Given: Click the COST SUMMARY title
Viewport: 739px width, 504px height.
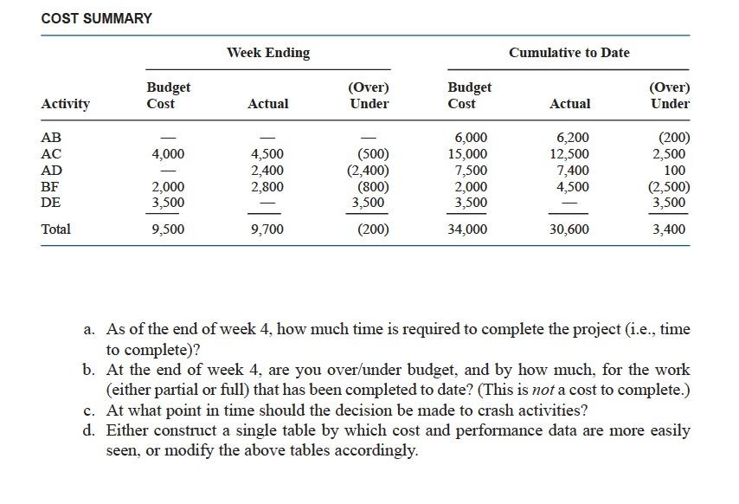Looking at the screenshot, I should click(96, 18).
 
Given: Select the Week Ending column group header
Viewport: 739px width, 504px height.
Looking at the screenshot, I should click(268, 53).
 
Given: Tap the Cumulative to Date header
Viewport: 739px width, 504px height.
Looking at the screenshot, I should click(569, 53).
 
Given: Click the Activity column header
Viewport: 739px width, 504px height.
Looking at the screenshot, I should click(66, 104).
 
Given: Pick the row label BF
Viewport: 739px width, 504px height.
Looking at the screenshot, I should click(51, 186).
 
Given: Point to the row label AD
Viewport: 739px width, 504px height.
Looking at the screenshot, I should click(52, 171).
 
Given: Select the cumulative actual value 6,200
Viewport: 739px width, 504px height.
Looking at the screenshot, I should click(571, 138).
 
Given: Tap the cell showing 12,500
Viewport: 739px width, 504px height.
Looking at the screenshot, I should click(569, 154).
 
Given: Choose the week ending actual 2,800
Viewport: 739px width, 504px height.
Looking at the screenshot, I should click(267, 186).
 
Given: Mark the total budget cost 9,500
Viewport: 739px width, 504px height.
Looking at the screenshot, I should click(167, 229).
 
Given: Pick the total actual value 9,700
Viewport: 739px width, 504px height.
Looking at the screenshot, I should click(267, 229).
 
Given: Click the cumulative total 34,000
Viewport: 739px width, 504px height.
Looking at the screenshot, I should click(466, 229).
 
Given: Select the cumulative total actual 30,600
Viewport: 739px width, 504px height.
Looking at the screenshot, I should click(569, 229).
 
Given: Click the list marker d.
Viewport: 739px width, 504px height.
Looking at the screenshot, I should click(89, 430).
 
